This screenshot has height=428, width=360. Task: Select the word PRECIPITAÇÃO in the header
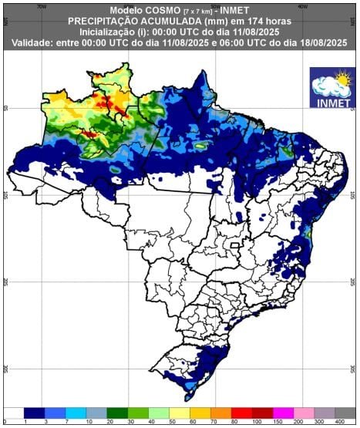(x=107, y=21)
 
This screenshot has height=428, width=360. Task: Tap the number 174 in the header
(x=249, y=21)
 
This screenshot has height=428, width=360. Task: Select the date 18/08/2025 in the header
(x=317, y=43)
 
